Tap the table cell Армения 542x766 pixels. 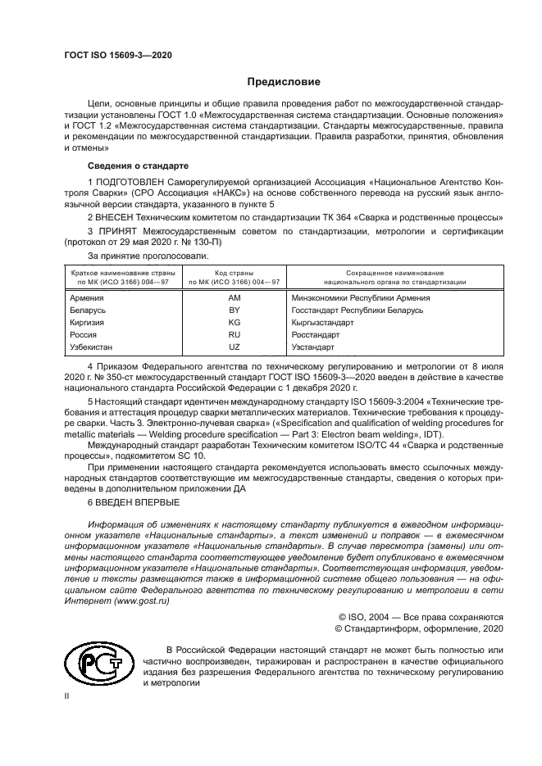pos(87,298)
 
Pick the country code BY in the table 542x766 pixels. pos(234,310)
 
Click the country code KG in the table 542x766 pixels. pos(234,323)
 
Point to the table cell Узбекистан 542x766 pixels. pos(93,347)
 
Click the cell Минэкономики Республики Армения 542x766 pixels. pos(361,298)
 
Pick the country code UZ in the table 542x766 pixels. pos(234,347)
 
